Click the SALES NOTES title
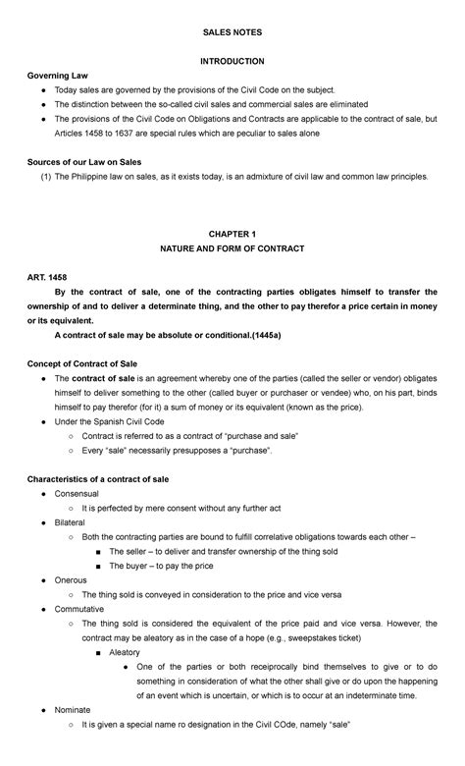(232, 33)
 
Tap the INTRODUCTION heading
(232, 61)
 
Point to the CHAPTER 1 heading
(232, 235)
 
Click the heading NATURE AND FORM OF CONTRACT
(232, 249)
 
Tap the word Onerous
(72, 580)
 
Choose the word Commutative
(81, 609)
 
